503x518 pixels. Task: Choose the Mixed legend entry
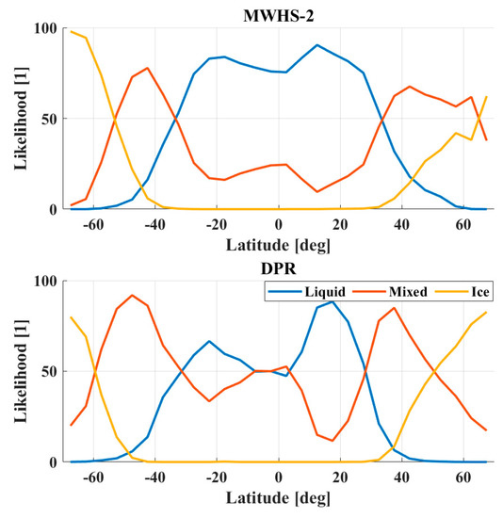pyautogui.click(x=400, y=293)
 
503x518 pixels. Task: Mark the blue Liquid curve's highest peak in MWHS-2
pyautogui.click(x=317, y=44)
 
